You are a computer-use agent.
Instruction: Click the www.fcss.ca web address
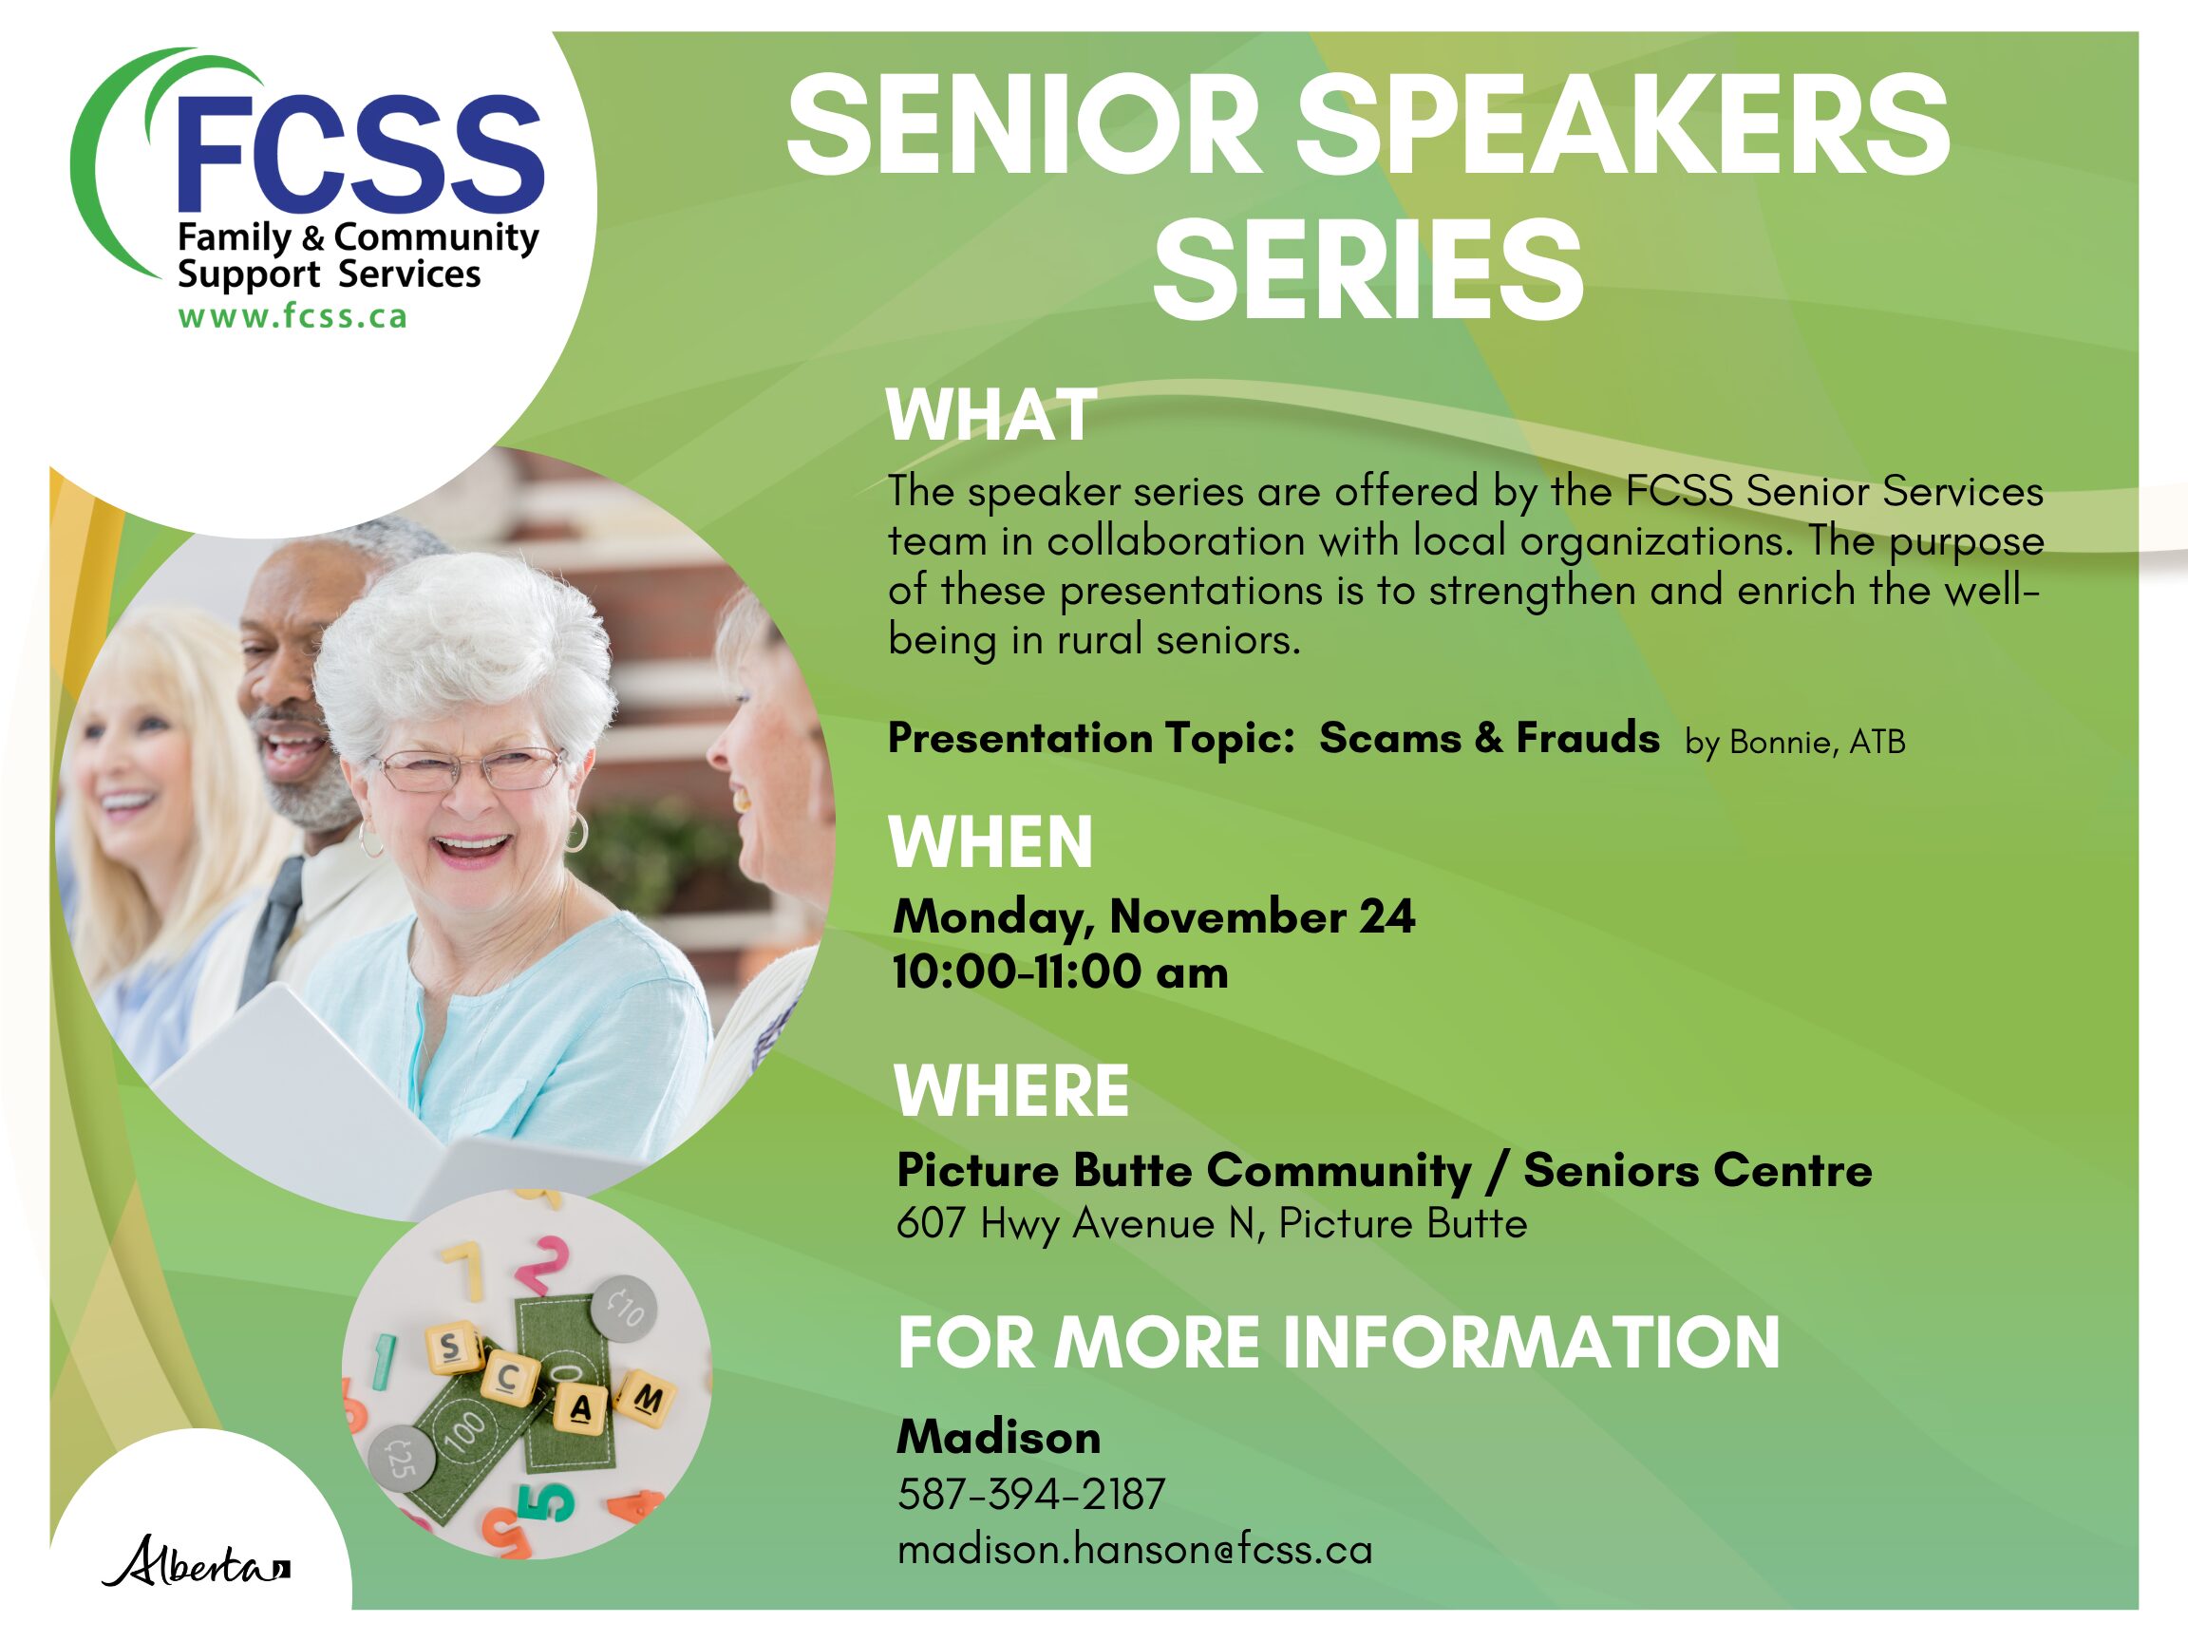click(292, 316)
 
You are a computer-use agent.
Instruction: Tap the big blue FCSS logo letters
click(359, 153)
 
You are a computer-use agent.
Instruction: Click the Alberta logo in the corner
click(196, 1562)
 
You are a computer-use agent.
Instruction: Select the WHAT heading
click(991, 415)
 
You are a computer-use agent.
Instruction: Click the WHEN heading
click(991, 842)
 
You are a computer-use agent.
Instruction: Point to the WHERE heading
click(1011, 1091)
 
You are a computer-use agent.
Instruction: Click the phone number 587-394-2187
click(1031, 1494)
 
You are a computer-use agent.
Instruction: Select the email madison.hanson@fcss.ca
click(1135, 1549)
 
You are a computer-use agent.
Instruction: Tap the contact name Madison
click(998, 1437)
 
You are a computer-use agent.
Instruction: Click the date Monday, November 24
click(1153, 917)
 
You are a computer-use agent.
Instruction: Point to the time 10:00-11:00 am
click(1061, 971)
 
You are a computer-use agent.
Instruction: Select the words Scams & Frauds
click(1490, 738)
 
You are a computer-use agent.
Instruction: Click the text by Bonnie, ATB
click(1795, 742)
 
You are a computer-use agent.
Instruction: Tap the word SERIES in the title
click(1368, 270)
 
